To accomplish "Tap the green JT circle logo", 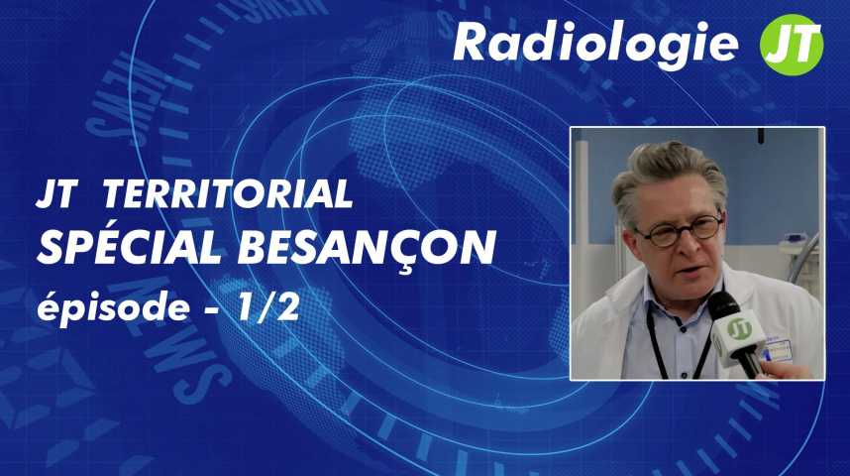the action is click(792, 45).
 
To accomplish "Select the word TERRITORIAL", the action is click(228, 193).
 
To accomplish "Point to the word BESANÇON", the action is click(367, 249).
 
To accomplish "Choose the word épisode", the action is click(113, 307).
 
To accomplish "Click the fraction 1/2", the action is click(268, 308).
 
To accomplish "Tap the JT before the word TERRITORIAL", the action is click(54, 193).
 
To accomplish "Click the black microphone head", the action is click(723, 305).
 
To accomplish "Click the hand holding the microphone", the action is click(786, 369).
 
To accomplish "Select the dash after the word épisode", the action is click(214, 310).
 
